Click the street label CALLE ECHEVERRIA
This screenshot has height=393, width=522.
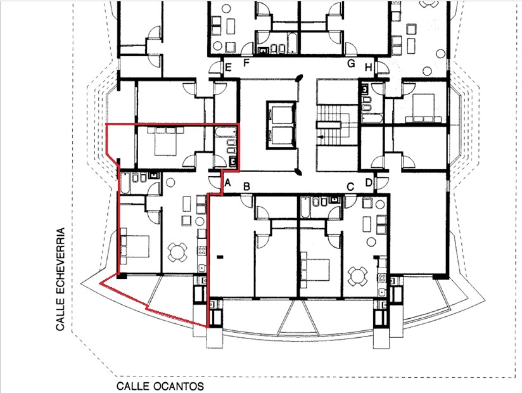pyautogui.click(x=60, y=279)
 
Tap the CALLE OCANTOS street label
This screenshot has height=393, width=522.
pyautogui.click(x=160, y=386)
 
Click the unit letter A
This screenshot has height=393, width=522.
pyautogui.click(x=227, y=183)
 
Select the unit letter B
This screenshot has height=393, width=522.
pyautogui.click(x=246, y=186)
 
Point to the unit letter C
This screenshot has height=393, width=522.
pyautogui.click(x=350, y=187)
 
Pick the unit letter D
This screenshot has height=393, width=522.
pyautogui.click(x=369, y=183)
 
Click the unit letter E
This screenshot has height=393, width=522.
pyautogui.click(x=228, y=68)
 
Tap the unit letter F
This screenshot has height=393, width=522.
pyautogui.click(x=246, y=63)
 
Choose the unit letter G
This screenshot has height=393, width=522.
pyautogui.click(x=351, y=63)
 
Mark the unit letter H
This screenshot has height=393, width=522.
pyautogui.click(x=368, y=67)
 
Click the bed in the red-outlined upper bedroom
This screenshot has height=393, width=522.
pyautogui.click(x=165, y=141)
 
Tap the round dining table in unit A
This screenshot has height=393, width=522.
pyautogui.click(x=177, y=252)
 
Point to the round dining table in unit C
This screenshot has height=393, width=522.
pyautogui.click(x=358, y=276)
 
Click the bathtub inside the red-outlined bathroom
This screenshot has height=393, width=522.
pyautogui.click(x=226, y=133)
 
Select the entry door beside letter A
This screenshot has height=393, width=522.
pyautogui.click(x=214, y=182)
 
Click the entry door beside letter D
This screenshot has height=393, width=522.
pyautogui.click(x=381, y=182)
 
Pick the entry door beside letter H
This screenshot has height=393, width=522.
pyautogui.click(x=381, y=67)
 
